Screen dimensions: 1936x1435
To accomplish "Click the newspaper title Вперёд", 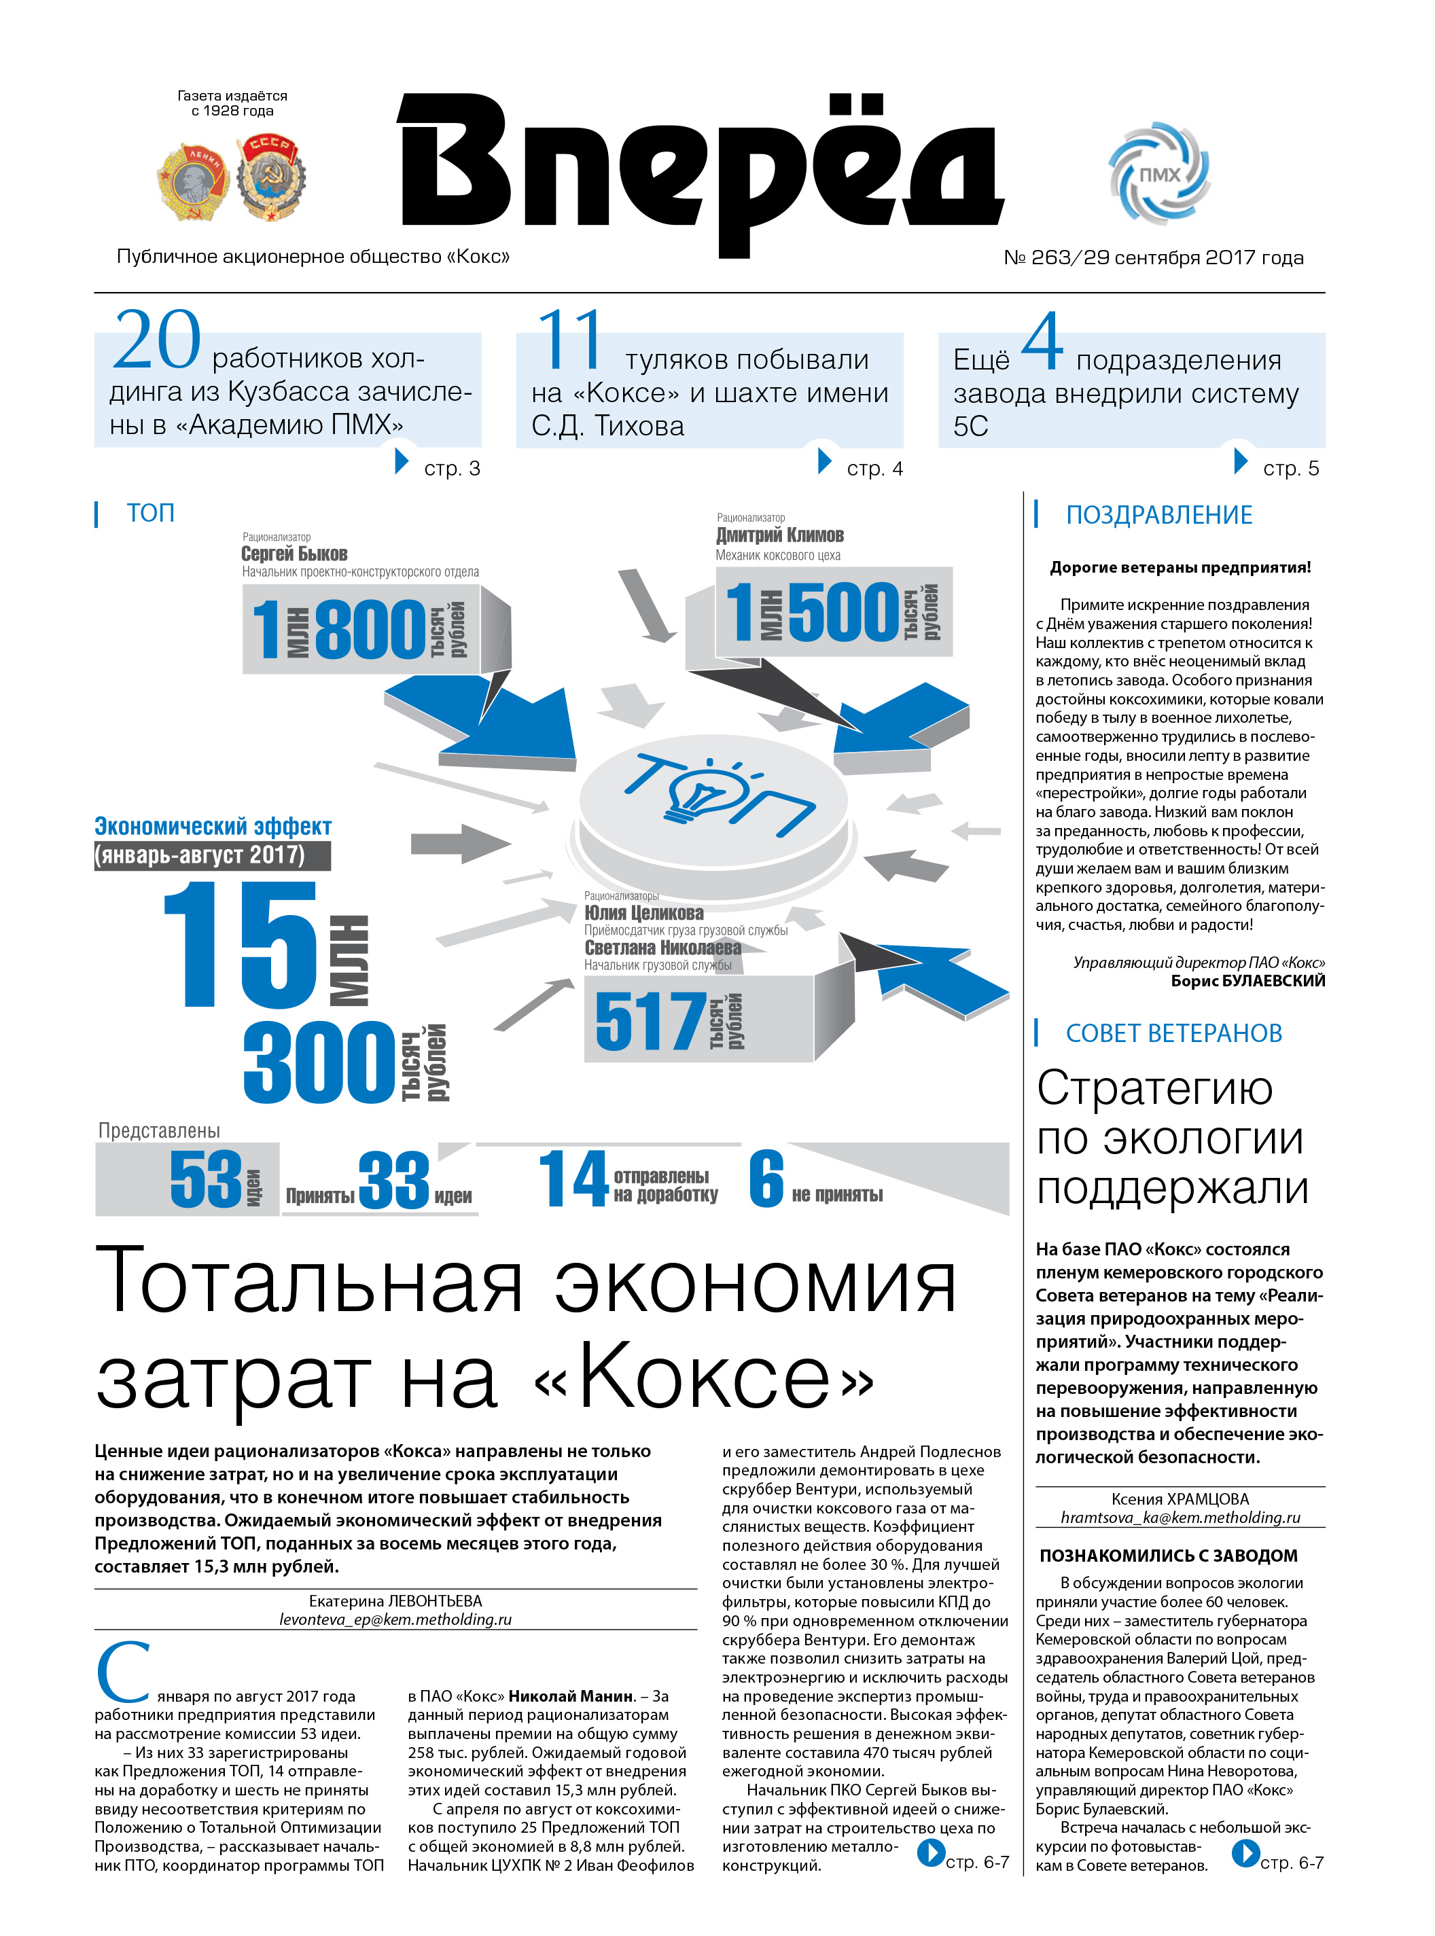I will (699, 169).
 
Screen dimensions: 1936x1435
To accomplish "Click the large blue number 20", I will (156, 340).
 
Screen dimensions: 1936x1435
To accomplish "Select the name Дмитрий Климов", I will (779, 535).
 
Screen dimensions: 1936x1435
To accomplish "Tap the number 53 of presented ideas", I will (206, 1179).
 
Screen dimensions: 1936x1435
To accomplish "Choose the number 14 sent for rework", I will (572, 1179).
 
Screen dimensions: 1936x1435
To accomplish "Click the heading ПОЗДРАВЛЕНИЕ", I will (1158, 515).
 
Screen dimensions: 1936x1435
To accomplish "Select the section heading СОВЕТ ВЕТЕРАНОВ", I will (1173, 1034).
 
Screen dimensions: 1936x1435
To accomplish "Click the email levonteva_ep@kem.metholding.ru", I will (395, 1620).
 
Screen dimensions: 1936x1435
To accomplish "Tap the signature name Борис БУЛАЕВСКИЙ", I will (1247, 982).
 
